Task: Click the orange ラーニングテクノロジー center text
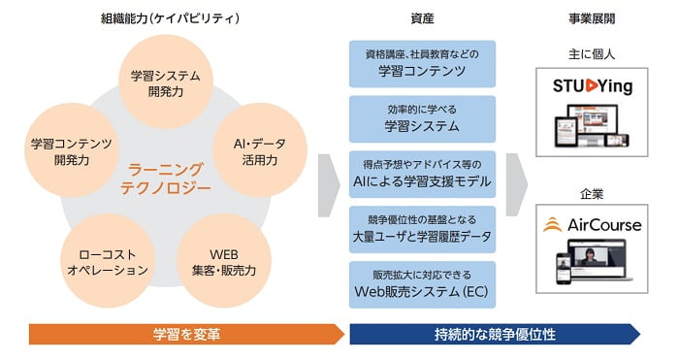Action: point(166,178)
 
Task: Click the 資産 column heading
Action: point(422,17)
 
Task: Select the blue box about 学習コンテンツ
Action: point(422,63)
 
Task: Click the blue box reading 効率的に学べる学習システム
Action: point(422,118)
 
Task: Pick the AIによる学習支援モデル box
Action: point(422,174)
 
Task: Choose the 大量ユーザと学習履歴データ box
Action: point(422,229)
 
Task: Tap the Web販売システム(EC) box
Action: point(422,284)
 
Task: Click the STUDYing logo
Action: point(592,87)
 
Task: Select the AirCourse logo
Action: point(592,225)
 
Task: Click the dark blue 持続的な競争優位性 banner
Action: point(495,335)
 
